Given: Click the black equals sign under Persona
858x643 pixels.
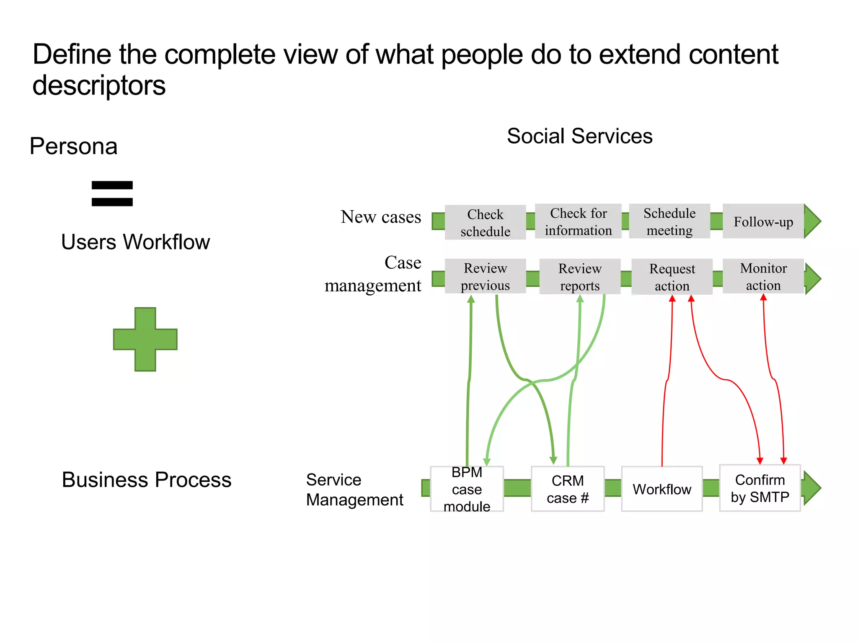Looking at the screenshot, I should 112,193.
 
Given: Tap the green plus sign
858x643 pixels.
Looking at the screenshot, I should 145,339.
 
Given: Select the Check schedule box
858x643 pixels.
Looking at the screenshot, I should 485,222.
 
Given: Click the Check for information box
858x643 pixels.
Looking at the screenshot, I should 578,221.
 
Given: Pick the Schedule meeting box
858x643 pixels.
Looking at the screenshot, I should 669,221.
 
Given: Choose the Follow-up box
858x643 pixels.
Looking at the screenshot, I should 763,221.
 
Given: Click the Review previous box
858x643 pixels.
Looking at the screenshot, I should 485,276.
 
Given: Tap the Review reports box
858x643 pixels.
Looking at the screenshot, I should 580,277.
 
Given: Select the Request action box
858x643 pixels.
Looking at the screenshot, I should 672,277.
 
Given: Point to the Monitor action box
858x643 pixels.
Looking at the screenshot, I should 763,276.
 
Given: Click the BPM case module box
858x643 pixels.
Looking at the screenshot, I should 467,489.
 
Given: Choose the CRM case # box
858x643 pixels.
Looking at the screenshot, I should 568,489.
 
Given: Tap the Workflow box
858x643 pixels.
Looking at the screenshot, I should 662,489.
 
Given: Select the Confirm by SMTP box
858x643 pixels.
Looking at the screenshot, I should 760,488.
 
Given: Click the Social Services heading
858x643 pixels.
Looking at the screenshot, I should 579,136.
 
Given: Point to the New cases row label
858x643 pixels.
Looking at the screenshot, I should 380,217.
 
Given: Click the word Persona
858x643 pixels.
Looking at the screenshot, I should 73,146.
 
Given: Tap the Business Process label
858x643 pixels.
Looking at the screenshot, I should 146,480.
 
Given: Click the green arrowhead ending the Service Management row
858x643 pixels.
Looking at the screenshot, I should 812,488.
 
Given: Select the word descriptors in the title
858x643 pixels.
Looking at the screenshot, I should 99,85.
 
